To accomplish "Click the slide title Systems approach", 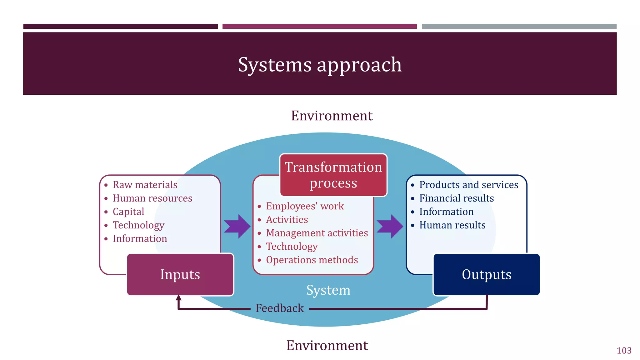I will coord(320,65).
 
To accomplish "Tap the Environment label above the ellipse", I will coord(332,116).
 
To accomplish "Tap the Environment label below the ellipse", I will coord(327,346).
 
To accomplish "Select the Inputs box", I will coord(180,275).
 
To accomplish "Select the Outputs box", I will coord(486,275).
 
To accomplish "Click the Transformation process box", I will coord(333,175).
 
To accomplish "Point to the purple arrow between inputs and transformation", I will coord(237,226).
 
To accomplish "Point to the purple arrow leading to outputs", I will coord(390,226).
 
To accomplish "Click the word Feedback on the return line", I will coord(279,308).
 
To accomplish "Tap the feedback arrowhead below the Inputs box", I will coord(178,298).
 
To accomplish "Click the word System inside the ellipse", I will coord(328,290).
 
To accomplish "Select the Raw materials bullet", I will coord(145,185).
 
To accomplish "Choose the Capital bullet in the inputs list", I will coord(128,212).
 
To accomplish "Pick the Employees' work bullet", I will coord(305,206).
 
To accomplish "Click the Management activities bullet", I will coord(317,233).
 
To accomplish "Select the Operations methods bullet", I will coord(312,260).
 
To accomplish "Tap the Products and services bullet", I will coord(468,185).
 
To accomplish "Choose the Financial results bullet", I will coord(456,198).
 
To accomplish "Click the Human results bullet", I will coord(452,225).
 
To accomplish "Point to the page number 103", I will coord(624,351).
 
